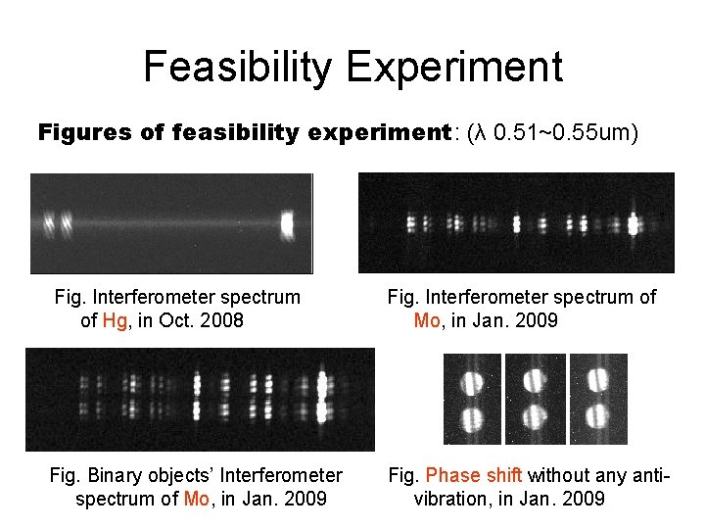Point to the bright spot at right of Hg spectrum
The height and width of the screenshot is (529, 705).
point(287,223)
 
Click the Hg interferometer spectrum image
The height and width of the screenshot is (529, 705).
point(171,223)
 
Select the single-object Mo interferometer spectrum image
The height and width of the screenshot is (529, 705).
point(516,222)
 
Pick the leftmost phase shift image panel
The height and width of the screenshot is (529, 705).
point(473,399)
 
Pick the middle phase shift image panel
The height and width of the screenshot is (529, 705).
point(536,399)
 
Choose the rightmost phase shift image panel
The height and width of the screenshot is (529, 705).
point(598,399)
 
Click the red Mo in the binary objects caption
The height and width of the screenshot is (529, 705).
point(197,499)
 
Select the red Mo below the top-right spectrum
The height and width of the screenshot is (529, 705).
point(427,320)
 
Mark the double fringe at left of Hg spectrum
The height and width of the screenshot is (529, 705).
point(57,223)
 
